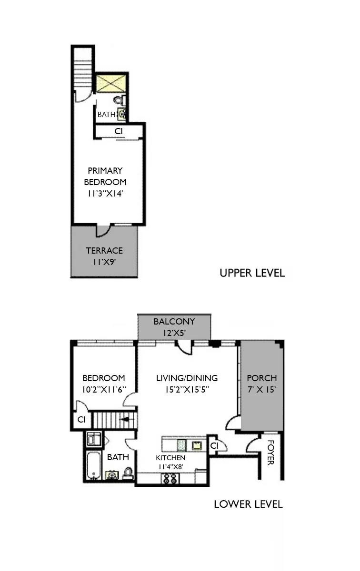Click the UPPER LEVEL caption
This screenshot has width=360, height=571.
coord(252,273)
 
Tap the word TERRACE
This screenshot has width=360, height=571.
coord(104,251)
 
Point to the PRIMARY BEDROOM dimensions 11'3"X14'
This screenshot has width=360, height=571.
coord(105,193)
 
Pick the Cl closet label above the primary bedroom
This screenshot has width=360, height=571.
coord(119,131)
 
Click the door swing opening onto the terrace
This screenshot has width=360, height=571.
coord(103,231)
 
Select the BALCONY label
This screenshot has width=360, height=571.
coord(174,322)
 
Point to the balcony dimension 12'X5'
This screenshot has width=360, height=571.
coord(174,333)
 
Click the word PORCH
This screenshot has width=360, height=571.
coord(261,378)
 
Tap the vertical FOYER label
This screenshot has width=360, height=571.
coord(270,453)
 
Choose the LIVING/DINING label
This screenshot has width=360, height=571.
coord(187,378)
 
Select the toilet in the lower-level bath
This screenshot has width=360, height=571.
coord(128,473)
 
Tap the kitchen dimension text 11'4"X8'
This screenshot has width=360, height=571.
coord(170,467)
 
